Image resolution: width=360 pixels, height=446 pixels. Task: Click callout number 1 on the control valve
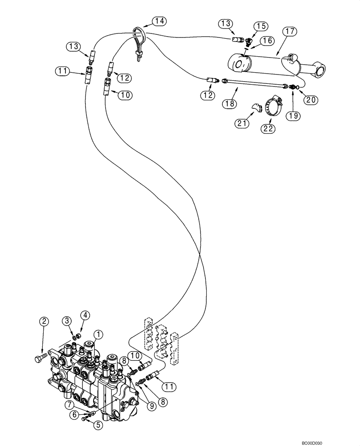click(98, 334)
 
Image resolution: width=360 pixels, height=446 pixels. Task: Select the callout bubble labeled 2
click(43, 321)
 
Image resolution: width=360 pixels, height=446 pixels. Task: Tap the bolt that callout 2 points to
click(41, 358)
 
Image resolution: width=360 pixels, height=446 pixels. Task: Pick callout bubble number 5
click(98, 425)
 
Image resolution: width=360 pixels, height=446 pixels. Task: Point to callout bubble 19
click(293, 116)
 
